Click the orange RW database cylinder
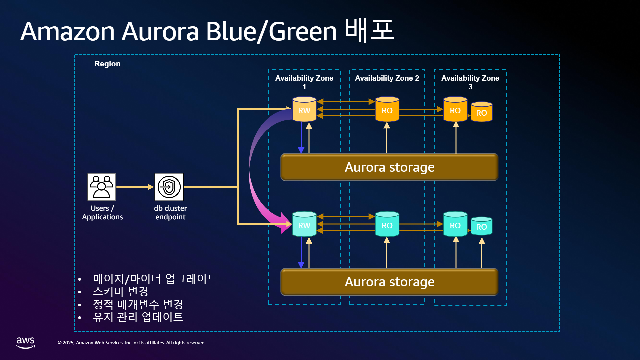coord(304,109)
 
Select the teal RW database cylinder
coord(304,224)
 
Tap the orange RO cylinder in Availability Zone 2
coord(387,109)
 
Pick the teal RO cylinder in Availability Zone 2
coord(387,224)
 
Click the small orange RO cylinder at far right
coord(481,112)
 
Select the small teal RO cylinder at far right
coord(481,226)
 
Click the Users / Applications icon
coord(101,187)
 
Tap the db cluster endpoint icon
coord(169,187)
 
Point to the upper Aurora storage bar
coord(389,167)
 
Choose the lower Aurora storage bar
coord(389,282)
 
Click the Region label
coord(107,64)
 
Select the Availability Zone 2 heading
coord(387,78)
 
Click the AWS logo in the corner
coord(26,343)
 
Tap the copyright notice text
coord(132,343)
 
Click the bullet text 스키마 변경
coord(121,291)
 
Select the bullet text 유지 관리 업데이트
coord(138,317)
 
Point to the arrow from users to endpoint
coord(135,187)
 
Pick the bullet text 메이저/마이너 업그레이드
coord(155,279)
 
